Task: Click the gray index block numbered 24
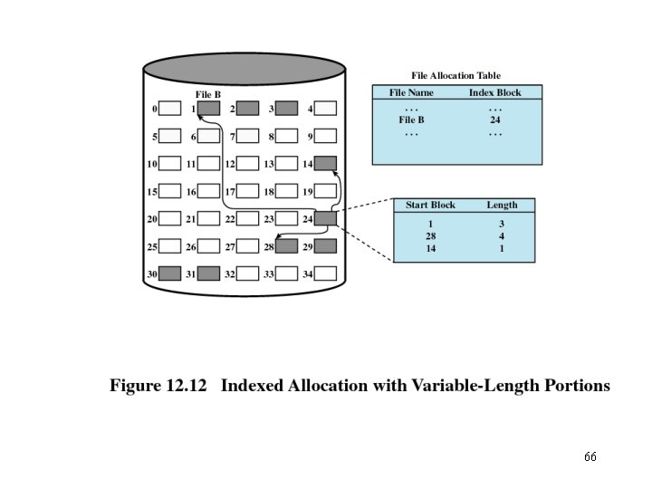click(x=326, y=218)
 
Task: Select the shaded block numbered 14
click(x=326, y=164)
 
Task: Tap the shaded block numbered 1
click(x=208, y=109)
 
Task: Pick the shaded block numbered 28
click(x=286, y=245)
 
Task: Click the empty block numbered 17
click(x=247, y=191)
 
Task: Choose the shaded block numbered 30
click(x=169, y=273)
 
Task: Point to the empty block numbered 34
click(x=326, y=273)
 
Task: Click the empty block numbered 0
click(x=169, y=109)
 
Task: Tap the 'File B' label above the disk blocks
click(x=208, y=94)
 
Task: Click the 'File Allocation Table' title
click(x=455, y=76)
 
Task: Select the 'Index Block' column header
click(x=494, y=92)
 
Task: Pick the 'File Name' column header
click(x=411, y=92)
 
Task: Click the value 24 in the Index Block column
click(x=495, y=120)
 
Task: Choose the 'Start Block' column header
click(x=430, y=206)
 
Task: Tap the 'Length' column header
click(x=502, y=206)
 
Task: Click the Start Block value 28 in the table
click(x=430, y=235)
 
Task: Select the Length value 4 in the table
click(x=502, y=235)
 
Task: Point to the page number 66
click(x=590, y=456)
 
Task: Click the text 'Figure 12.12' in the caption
click(x=158, y=386)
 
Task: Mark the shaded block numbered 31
click(x=208, y=273)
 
